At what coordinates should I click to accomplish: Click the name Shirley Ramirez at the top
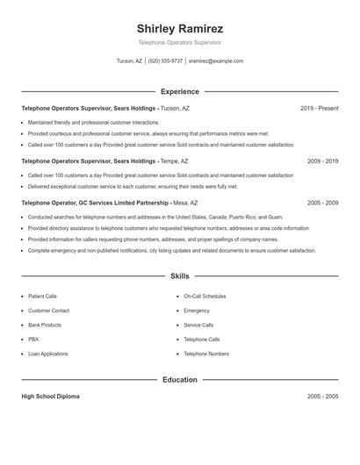pos(180,28)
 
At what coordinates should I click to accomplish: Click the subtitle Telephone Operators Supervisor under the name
pos(180,42)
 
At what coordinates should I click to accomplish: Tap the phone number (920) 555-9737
pos(165,61)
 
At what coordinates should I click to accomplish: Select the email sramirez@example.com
pos(216,61)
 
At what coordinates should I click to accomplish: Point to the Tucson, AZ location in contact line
pos(129,61)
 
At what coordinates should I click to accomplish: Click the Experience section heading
pos(180,91)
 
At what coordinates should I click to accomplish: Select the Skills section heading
pos(180,275)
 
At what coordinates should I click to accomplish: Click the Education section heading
pos(180,380)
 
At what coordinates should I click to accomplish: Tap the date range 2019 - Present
pos(319,108)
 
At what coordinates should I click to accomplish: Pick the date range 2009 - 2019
pos(322,161)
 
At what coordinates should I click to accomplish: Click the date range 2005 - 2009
pos(322,203)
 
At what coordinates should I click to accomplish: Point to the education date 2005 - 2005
pos(322,397)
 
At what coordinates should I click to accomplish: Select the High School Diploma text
pos(50,397)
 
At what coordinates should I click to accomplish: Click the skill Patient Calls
pos(42,297)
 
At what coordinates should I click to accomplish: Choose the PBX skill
pos(33,339)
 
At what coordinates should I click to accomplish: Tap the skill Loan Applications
pos(47,354)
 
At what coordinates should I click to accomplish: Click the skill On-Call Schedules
pos(205,297)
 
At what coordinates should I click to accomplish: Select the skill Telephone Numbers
pos(205,354)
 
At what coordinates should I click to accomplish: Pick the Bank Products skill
pos(45,325)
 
